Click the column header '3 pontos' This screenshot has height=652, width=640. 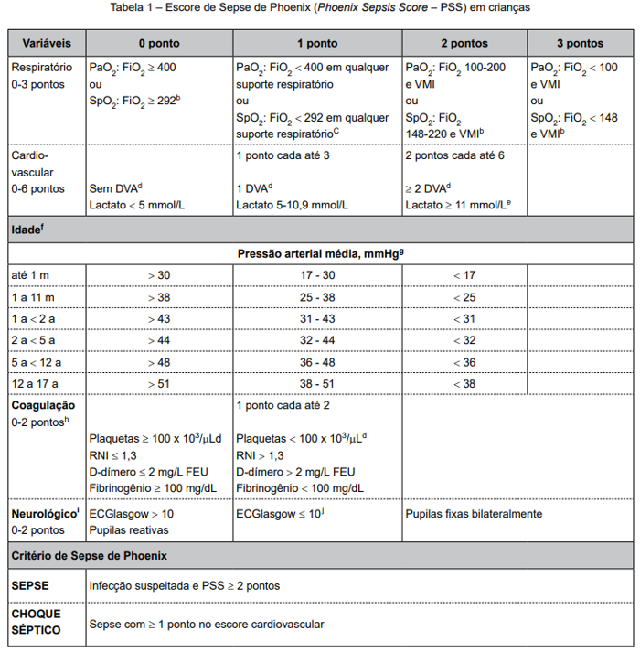coord(581,43)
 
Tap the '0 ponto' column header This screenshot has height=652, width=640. coord(158,43)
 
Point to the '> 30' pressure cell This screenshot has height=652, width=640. coord(158,275)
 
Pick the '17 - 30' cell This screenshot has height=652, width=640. coord(317,275)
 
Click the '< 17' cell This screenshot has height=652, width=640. coord(464,275)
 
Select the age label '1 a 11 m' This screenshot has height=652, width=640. coord(33,297)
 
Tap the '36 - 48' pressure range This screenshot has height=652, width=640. coord(317,362)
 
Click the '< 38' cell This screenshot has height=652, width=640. coord(464,384)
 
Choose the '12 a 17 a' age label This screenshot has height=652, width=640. coord(36,384)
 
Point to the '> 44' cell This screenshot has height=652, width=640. coord(158,340)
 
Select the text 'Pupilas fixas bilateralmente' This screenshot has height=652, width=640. coord(474,514)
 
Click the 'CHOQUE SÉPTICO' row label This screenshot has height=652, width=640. coord(37,623)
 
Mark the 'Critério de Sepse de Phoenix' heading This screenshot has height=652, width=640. coord(89,555)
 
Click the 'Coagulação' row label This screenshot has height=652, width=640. coord(43,404)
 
